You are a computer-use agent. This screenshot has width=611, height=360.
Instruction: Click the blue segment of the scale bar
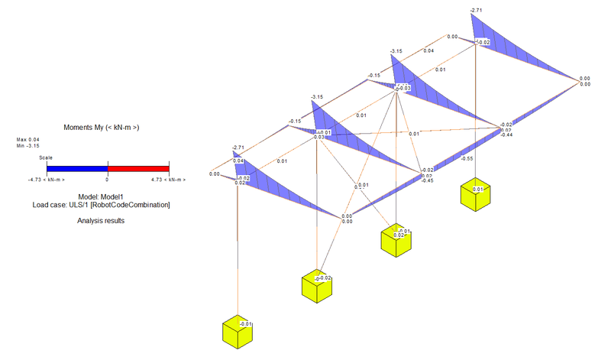(x=76, y=167)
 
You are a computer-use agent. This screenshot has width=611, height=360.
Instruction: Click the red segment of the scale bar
(x=137, y=167)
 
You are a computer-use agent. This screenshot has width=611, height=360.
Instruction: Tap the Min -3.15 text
(x=27, y=147)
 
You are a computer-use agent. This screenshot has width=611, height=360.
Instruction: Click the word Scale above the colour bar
(x=47, y=157)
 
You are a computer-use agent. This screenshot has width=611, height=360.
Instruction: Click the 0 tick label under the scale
(x=107, y=180)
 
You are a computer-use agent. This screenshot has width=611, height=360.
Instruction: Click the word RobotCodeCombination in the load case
(x=135, y=205)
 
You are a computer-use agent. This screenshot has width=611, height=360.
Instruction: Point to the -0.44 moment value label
(x=506, y=135)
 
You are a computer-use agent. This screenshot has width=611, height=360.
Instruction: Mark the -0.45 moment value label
(x=428, y=180)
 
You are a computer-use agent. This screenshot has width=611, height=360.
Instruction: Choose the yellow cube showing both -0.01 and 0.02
(x=396, y=242)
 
